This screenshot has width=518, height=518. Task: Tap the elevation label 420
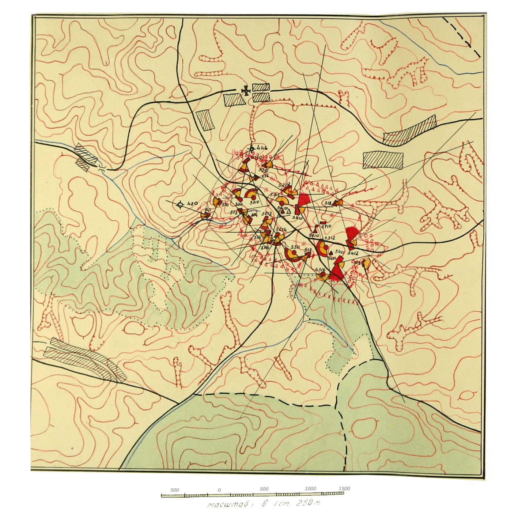tap(192, 204)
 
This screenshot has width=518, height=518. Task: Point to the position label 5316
tap(320, 269)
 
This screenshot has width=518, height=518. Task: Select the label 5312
tap(329, 238)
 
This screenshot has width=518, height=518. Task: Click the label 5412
tap(353, 253)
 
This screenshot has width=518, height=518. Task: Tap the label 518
tap(328, 203)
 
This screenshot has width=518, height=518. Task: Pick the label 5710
tap(326, 227)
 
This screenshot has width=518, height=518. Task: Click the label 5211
tap(239, 204)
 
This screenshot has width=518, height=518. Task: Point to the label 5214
tap(281, 229)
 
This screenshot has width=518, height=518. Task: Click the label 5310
tap(254, 202)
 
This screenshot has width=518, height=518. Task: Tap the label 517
tap(308, 250)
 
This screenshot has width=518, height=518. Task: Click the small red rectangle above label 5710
tap(323, 223)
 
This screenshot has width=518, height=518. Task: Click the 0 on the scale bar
tap(219, 490)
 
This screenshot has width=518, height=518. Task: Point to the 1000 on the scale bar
tap(310, 489)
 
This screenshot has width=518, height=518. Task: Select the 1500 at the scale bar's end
tap(344, 488)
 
